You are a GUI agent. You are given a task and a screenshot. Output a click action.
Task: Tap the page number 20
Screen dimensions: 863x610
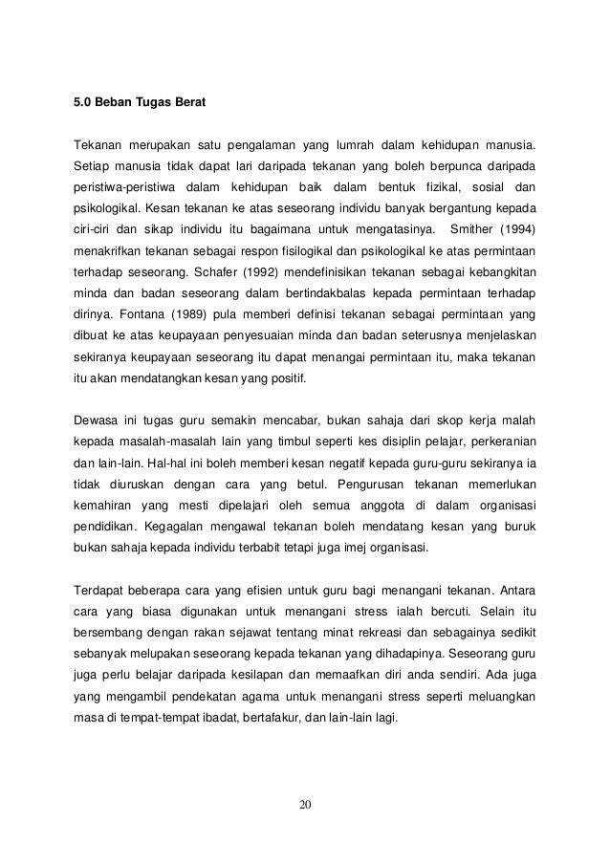[x=305, y=802]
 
